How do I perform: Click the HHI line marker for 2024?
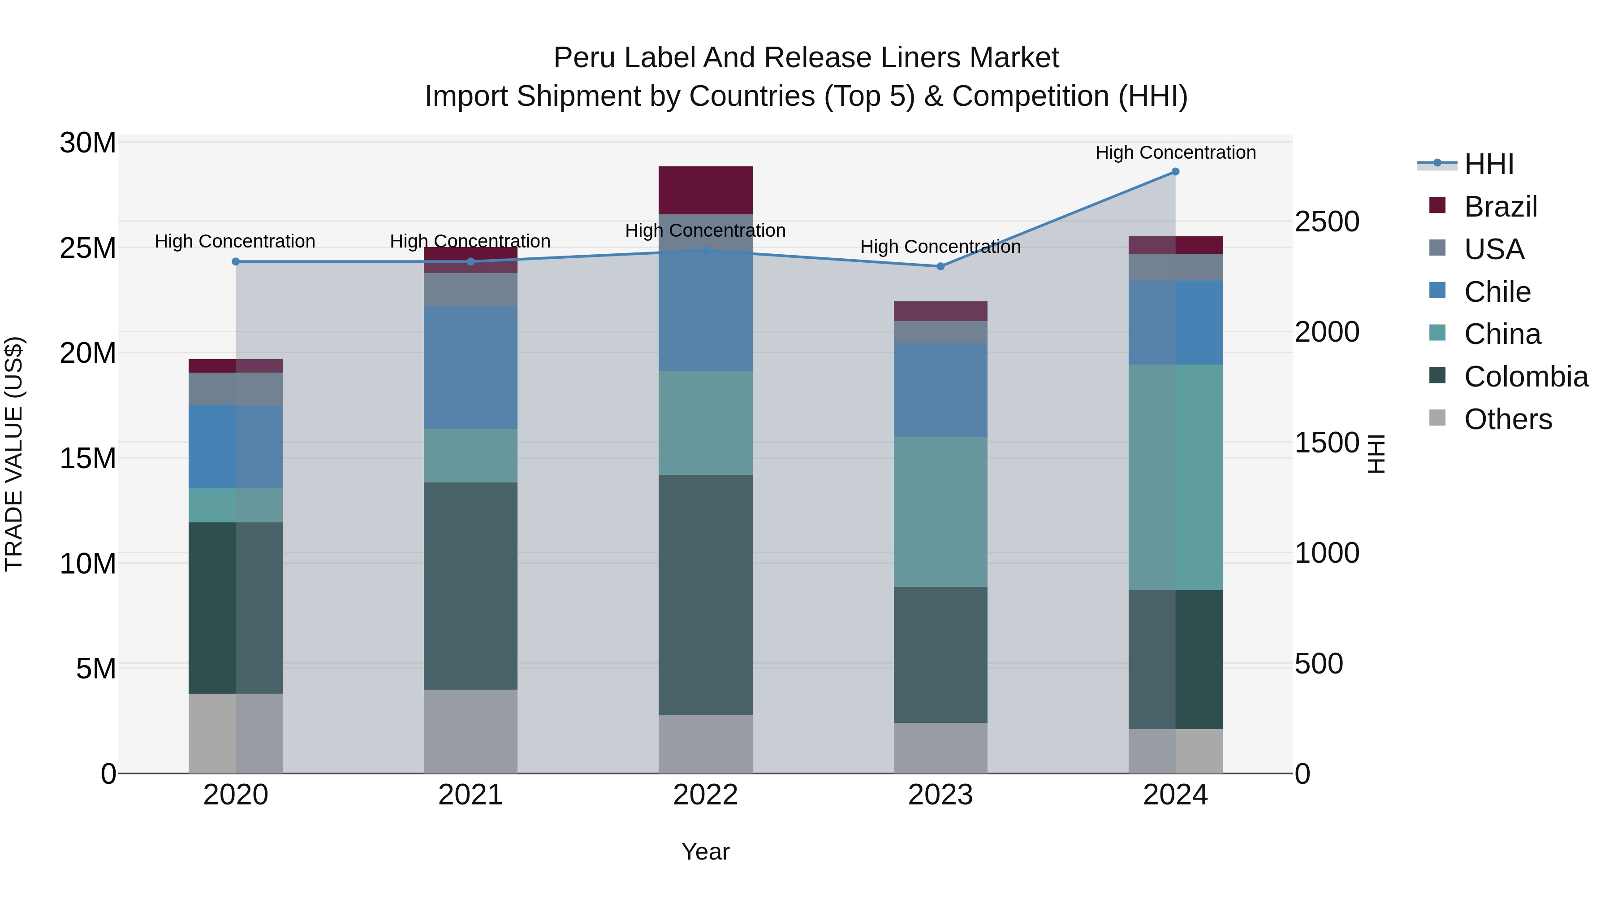point(1175,172)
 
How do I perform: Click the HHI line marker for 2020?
point(235,261)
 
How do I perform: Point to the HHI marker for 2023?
point(940,266)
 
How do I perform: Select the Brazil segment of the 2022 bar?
point(705,191)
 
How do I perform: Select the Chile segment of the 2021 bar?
point(470,367)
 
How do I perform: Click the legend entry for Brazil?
point(1500,207)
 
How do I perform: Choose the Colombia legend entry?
point(1525,377)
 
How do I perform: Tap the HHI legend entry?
point(1488,164)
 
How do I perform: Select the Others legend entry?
point(1508,419)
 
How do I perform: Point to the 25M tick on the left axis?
point(88,248)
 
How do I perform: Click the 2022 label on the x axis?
point(705,795)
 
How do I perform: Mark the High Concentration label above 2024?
point(1175,152)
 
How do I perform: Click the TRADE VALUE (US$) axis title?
point(14,454)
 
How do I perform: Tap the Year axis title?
point(705,852)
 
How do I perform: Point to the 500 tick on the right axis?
point(1319,664)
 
